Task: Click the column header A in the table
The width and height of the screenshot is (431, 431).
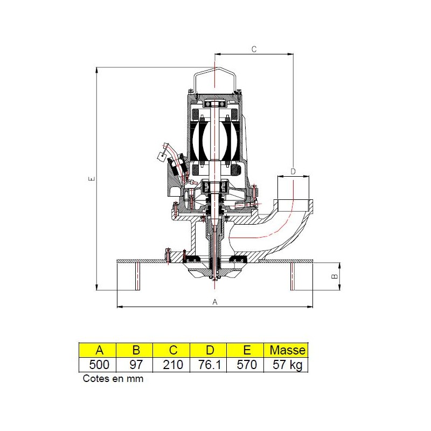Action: (x=98, y=350)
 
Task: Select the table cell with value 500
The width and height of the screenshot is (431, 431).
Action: (x=98, y=365)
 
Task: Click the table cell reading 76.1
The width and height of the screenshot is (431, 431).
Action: (x=208, y=365)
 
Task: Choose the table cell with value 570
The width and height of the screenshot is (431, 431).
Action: (x=246, y=365)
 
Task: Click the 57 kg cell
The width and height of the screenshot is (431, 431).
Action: (x=287, y=365)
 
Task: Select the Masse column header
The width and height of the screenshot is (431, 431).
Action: (x=287, y=350)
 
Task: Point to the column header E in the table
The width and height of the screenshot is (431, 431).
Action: (x=246, y=350)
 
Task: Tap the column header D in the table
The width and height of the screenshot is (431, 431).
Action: (x=208, y=350)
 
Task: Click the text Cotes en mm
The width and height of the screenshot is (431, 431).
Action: (x=113, y=378)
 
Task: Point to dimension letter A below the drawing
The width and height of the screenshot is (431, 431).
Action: (x=215, y=302)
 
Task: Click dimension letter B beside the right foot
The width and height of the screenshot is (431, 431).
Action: (x=334, y=275)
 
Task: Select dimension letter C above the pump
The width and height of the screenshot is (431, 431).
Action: (x=254, y=49)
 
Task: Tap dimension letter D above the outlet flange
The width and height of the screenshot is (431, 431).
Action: (x=293, y=171)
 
